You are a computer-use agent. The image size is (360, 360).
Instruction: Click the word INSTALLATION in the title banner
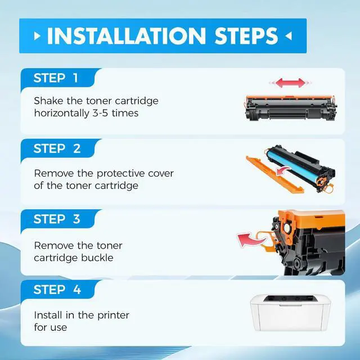[x=126, y=36]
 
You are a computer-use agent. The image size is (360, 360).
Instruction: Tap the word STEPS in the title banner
[x=246, y=36]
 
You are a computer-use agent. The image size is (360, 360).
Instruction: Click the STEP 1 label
[x=56, y=78]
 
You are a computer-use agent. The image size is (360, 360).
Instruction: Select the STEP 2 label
[x=57, y=148]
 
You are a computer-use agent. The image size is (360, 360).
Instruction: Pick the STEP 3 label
[x=57, y=219]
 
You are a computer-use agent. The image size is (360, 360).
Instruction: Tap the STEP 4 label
[x=57, y=290]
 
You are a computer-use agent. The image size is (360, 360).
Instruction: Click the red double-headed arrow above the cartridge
[x=290, y=83]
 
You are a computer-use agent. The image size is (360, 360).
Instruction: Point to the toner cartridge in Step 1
[x=290, y=108]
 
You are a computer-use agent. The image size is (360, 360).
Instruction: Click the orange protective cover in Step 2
[x=274, y=174]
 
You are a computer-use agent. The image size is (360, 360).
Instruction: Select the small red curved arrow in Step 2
[x=283, y=171]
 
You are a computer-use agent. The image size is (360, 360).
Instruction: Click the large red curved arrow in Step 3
[x=251, y=240]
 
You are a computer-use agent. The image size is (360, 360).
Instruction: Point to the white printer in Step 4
[x=290, y=313]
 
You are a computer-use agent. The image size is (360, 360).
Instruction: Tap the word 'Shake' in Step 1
[x=48, y=101]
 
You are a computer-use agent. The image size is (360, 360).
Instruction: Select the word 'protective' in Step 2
[x=120, y=174]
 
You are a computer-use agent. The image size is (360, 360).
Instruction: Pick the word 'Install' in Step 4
[x=48, y=315]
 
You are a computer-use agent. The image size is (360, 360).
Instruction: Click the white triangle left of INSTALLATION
[x=37, y=36]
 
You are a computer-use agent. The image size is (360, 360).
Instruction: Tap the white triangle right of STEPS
[x=289, y=36]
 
